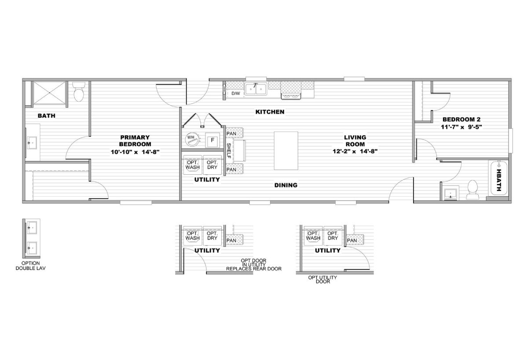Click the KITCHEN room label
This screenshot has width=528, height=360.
270,112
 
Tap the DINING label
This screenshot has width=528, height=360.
286,185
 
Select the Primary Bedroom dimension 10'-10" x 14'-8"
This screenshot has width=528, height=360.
136,152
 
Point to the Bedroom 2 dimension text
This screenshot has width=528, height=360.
461,127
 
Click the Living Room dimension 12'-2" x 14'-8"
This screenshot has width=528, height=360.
355,151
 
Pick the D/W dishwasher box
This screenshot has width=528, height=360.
236,94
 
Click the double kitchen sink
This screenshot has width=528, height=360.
256,89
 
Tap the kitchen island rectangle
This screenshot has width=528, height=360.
286,151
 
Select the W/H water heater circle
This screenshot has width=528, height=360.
192,140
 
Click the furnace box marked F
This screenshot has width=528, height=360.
213,140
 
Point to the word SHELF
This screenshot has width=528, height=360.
228,151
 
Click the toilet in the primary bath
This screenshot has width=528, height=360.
78,92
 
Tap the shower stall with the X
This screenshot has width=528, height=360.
49,93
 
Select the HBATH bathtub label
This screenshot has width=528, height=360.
499,180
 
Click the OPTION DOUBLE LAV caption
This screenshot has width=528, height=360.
31,266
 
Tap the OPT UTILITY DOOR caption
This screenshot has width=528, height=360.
323,279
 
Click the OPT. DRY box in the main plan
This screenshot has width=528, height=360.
212,165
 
